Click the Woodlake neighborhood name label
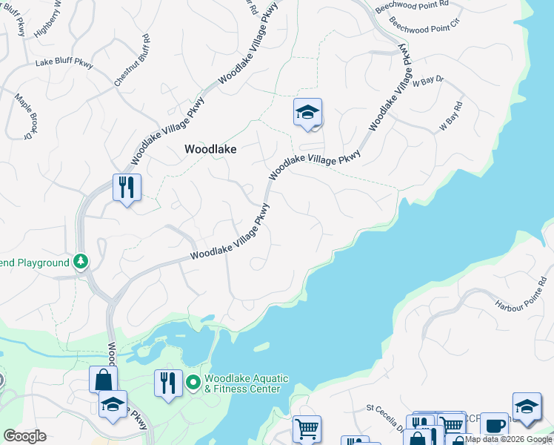pos(210,149)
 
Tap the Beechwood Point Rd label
pos(413,5)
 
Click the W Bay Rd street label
pos(451,117)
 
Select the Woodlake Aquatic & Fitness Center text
pos(242,383)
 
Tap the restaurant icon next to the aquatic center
pos(168,383)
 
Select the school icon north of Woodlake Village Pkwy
pos(307,113)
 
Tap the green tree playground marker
pos(81,262)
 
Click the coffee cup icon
pos(494,426)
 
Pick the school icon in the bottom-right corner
pos(527,406)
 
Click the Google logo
pos(25,435)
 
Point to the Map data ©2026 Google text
pos(509,439)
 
